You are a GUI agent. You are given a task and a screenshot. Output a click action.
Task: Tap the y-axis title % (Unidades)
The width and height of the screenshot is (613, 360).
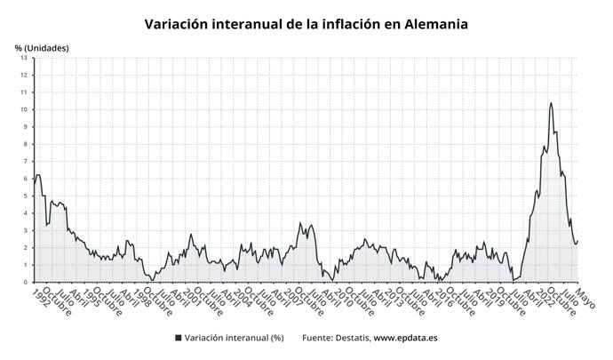[42, 46]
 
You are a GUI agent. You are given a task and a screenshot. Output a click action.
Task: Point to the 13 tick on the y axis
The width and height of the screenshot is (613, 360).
[25, 58]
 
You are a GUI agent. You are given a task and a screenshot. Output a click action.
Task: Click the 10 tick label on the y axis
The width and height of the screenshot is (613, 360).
[25, 109]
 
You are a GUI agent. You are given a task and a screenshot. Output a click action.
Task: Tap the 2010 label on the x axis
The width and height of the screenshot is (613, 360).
[341, 296]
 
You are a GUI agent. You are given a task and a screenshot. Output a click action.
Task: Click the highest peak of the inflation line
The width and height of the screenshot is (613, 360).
[551, 103]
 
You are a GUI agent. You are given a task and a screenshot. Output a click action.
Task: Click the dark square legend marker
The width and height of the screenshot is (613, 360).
[179, 338]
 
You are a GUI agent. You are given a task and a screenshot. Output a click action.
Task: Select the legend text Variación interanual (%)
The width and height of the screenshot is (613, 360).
[235, 338]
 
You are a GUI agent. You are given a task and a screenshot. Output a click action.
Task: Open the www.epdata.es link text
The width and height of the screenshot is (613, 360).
[405, 338]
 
